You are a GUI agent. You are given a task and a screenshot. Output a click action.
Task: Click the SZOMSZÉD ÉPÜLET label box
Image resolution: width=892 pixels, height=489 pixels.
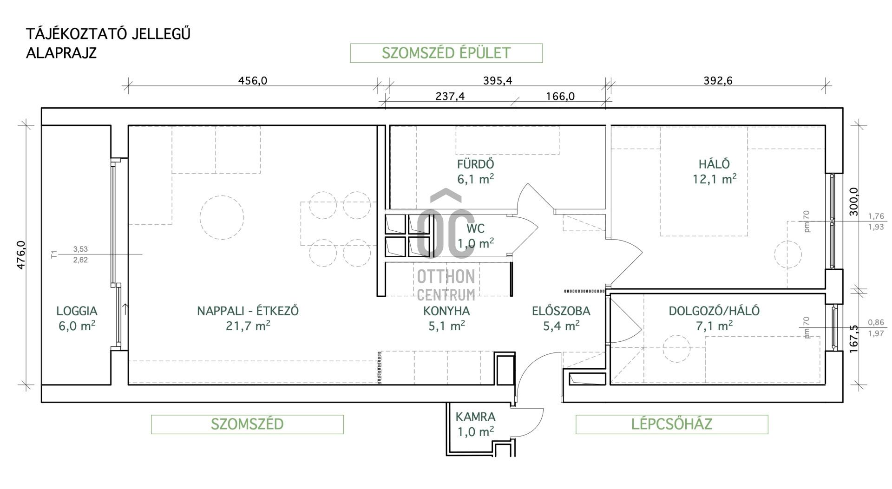pyautogui.click(x=446, y=53)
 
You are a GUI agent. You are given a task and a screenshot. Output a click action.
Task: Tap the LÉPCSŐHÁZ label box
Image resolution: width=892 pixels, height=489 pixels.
pyautogui.click(x=672, y=424)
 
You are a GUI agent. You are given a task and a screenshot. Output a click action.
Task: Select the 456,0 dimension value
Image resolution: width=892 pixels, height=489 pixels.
pyautogui.click(x=253, y=80)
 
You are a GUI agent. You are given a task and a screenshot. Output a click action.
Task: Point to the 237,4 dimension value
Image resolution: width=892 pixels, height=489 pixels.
pyautogui.click(x=450, y=96)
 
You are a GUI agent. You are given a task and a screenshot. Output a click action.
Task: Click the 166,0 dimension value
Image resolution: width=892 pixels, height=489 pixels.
pyautogui.click(x=560, y=96)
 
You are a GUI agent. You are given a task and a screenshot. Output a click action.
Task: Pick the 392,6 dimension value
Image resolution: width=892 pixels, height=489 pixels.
pyautogui.click(x=718, y=80)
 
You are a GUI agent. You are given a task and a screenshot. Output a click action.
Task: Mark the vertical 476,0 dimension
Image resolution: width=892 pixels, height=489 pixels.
pyautogui.click(x=21, y=255)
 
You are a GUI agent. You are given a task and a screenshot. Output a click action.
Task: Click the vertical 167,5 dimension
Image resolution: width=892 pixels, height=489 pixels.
pyautogui.click(x=854, y=339)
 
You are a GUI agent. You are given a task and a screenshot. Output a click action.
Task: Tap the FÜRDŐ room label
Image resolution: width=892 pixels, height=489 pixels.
pyautogui.click(x=475, y=164)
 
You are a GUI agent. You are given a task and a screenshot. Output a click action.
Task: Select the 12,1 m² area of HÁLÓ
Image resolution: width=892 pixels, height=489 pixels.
pyautogui.click(x=715, y=179)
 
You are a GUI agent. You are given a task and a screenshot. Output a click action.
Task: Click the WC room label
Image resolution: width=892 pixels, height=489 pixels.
pyautogui.click(x=475, y=228)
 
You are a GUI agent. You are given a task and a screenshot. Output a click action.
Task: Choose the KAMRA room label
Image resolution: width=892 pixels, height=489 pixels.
pyautogui.click(x=475, y=417)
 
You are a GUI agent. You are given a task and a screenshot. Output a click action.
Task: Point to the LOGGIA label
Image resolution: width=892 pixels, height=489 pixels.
pyautogui.click(x=77, y=311)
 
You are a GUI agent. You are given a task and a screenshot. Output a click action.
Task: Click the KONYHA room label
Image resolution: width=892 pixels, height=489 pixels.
pyautogui.click(x=446, y=311)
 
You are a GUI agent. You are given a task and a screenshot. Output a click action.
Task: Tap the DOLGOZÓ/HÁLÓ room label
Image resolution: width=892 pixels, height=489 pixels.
pyautogui.click(x=714, y=311)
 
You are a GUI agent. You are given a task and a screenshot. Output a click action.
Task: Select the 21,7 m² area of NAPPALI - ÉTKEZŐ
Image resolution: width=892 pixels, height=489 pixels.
pyautogui.click(x=248, y=326)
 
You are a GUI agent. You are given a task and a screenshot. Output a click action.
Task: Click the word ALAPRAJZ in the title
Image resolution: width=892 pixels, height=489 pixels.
pyautogui.click(x=61, y=53)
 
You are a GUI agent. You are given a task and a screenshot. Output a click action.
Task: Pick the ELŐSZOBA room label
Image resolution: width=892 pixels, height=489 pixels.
pyautogui.click(x=561, y=311)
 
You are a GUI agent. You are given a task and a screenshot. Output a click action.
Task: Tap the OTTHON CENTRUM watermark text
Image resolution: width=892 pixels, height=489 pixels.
pyautogui.click(x=446, y=285)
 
